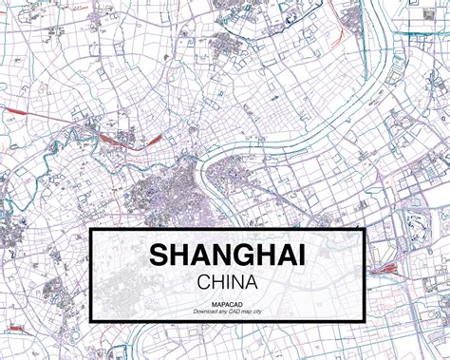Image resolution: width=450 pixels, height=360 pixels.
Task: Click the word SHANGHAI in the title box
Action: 227,256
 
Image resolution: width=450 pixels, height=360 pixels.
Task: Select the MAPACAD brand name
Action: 227,303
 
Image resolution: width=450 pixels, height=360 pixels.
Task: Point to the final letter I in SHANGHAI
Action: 302,256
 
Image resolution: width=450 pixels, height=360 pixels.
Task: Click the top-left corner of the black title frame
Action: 90,229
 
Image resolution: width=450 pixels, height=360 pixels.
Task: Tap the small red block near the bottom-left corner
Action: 16,328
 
